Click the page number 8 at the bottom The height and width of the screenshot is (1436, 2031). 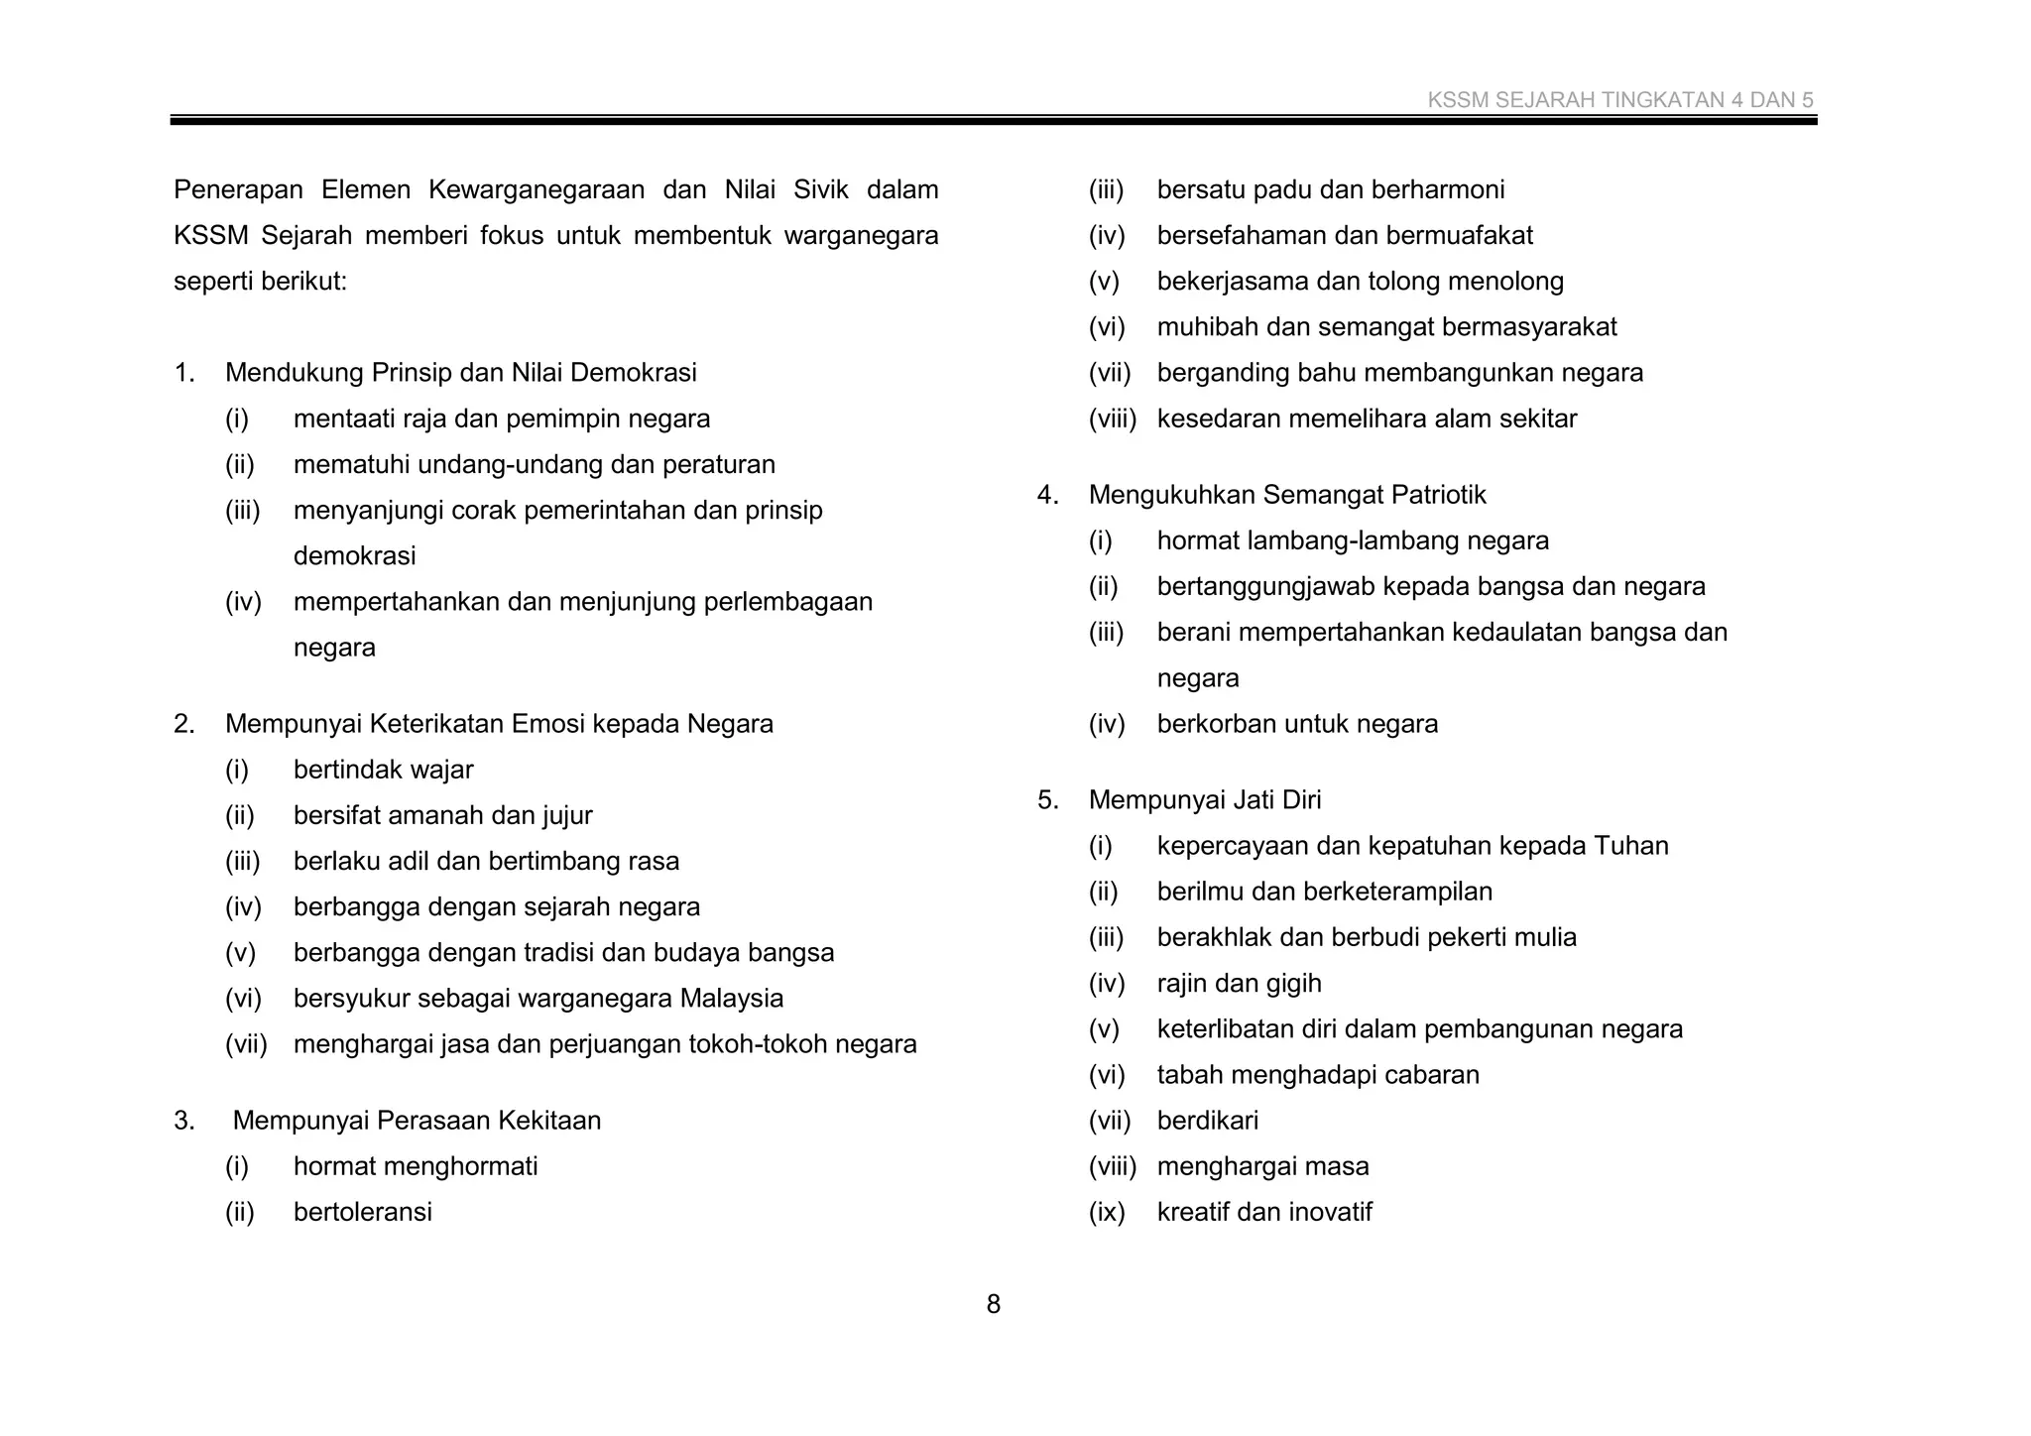tap(993, 1304)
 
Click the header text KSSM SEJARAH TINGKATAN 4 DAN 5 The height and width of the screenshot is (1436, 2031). tap(1619, 100)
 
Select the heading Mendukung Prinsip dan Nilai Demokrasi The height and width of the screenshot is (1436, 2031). tap(460, 373)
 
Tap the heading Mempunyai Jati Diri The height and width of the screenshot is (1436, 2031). tap(1204, 799)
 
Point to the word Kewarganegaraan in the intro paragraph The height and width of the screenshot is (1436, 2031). tap(537, 189)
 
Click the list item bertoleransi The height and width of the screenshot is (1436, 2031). tap(362, 1212)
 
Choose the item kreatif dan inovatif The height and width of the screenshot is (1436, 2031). tap(1263, 1212)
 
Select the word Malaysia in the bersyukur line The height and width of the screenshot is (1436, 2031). tap(731, 999)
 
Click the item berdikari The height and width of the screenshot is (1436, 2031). tap(1207, 1121)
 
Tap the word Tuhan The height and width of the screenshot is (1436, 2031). tap(1630, 846)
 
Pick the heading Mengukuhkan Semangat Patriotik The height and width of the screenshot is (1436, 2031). tap(1286, 495)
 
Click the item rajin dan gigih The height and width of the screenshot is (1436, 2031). tap(1239, 984)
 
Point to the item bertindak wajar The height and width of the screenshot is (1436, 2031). tap(383, 770)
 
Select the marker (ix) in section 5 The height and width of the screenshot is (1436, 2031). tap(1107, 1212)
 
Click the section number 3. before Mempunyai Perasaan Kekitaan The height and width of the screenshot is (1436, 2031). tap(184, 1121)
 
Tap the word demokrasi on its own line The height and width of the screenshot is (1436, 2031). tap(354, 556)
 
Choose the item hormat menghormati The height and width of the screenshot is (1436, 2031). tap(415, 1166)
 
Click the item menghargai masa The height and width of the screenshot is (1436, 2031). tap(1262, 1166)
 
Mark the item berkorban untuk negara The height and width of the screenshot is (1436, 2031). tap(1296, 724)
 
